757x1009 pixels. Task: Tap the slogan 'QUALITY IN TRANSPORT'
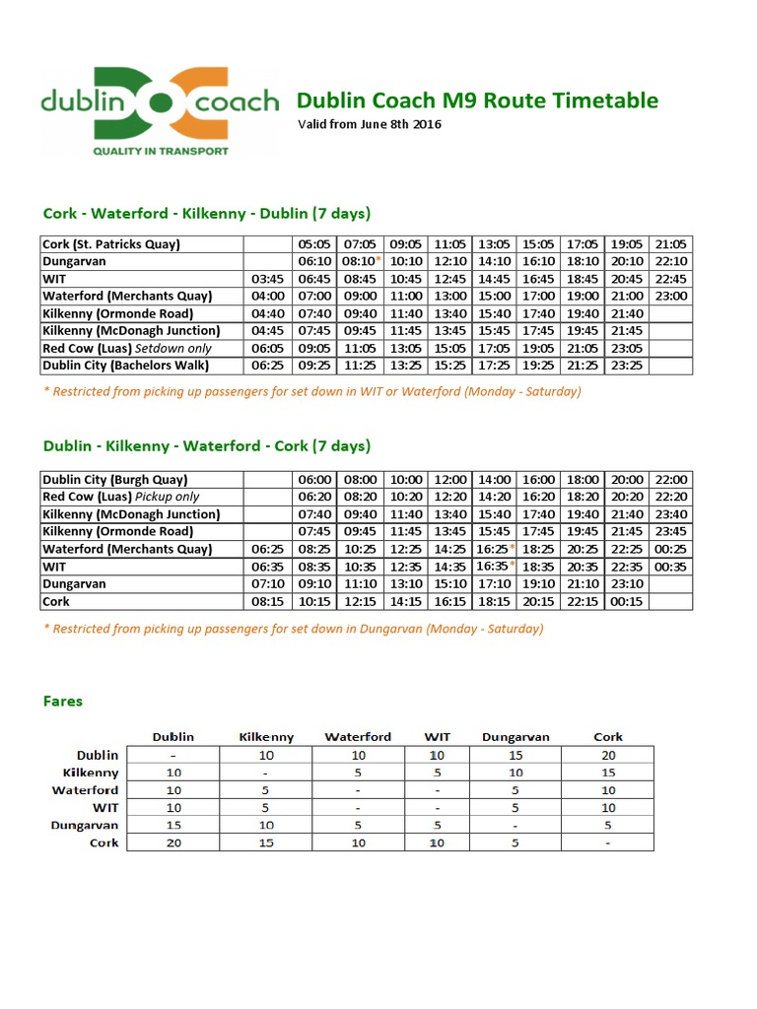click(x=160, y=151)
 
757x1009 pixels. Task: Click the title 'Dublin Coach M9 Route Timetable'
click(x=477, y=101)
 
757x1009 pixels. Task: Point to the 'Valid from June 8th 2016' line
click(x=370, y=124)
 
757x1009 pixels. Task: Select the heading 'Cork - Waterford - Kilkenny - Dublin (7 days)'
click(x=207, y=214)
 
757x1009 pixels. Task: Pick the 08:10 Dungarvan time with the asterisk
click(x=359, y=261)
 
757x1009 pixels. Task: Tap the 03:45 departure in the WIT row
click(x=267, y=279)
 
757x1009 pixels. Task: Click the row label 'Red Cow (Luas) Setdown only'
click(x=127, y=348)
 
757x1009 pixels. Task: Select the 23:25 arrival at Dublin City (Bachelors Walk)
click(x=627, y=366)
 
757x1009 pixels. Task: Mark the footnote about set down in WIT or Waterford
click(x=311, y=391)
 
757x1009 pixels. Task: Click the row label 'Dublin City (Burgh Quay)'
click(x=114, y=479)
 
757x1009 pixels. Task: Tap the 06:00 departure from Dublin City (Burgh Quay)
click(x=313, y=479)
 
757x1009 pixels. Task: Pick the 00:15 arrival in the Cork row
click(x=627, y=601)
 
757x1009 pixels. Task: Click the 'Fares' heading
click(x=63, y=702)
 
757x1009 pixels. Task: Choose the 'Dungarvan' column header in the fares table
click(x=516, y=736)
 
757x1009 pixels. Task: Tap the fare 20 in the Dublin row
click(x=608, y=755)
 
